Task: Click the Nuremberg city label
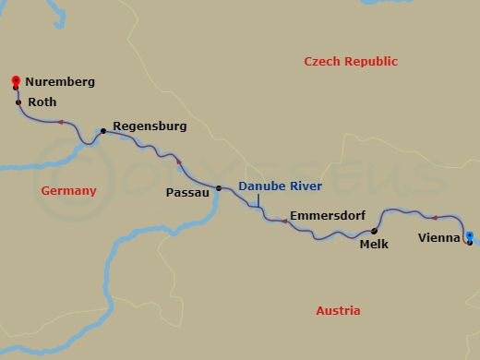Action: pyautogui.click(x=60, y=82)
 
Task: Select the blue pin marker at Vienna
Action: pyautogui.click(x=470, y=236)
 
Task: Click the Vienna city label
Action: pyautogui.click(x=439, y=237)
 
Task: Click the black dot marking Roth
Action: pyautogui.click(x=18, y=102)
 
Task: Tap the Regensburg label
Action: pyautogui.click(x=150, y=125)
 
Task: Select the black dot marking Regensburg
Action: pyautogui.click(x=102, y=131)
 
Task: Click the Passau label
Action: pyautogui.click(x=186, y=193)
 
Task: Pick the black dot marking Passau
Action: pyautogui.click(x=219, y=188)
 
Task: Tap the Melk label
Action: pyautogui.click(x=375, y=245)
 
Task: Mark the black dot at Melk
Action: pyautogui.click(x=374, y=232)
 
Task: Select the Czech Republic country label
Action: pyautogui.click(x=351, y=62)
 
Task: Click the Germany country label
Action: pyautogui.click(x=69, y=191)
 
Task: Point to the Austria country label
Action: pyautogui.click(x=338, y=311)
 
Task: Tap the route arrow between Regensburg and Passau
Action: pyautogui.click(x=179, y=162)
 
